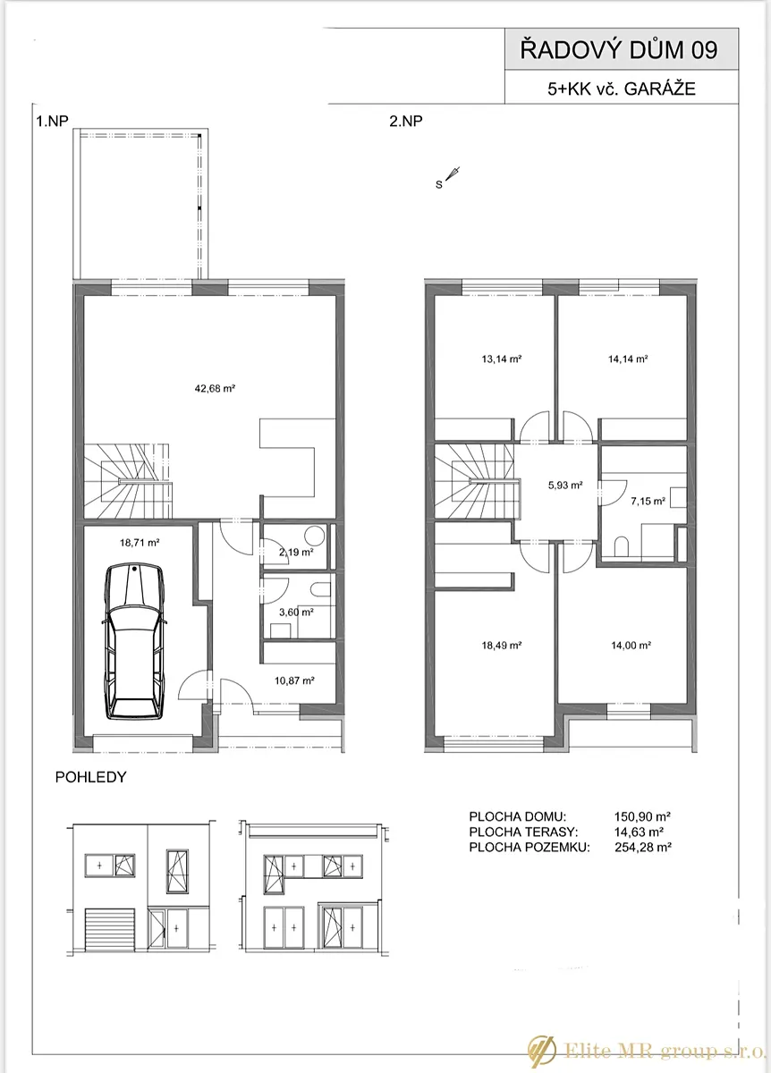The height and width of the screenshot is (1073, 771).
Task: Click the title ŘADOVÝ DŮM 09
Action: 619,50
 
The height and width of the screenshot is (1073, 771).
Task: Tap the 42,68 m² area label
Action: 215,388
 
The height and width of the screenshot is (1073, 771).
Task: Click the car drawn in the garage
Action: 134,642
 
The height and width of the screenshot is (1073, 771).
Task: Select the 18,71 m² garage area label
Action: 140,543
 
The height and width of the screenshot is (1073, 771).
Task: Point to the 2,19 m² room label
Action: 296,552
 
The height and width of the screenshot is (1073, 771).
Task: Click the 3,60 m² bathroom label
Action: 296,612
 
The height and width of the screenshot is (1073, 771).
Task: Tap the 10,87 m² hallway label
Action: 294,680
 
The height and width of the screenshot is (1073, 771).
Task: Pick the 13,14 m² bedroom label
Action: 501,359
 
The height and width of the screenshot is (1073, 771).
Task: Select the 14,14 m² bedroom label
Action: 628,359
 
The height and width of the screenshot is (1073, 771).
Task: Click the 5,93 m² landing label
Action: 565,486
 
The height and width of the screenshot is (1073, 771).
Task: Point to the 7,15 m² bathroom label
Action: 648,501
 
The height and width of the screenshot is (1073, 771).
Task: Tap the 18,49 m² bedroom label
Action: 501,646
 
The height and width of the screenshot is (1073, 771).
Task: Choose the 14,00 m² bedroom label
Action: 631,646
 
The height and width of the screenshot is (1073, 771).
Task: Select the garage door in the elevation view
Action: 110,930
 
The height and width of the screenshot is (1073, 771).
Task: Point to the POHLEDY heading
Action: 90,776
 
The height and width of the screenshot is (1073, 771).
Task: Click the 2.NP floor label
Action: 406,122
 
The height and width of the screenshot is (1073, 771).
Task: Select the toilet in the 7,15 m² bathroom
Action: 621,546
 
